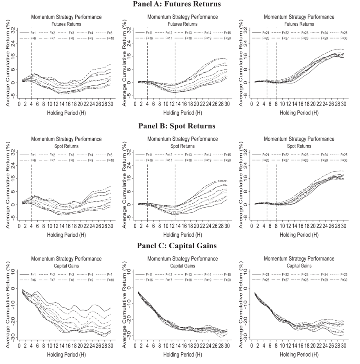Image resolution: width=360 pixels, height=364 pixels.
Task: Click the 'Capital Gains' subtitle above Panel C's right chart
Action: coord(299,265)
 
